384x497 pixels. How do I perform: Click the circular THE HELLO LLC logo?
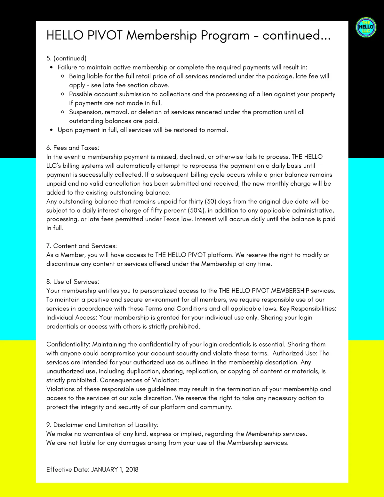pyautogui.click(x=366, y=27)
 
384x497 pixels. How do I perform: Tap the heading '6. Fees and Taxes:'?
pyautogui.click(x=73, y=148)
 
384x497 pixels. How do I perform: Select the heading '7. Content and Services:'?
pyautogui.click(x=82, y=246)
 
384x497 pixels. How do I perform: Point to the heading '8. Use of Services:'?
pyautogui.click(x=73, y=282)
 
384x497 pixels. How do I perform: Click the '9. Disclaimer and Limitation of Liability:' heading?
pyautogui.click(x=102, y=425)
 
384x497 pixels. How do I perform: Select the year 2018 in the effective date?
pyautogui.click(x=132, y=469)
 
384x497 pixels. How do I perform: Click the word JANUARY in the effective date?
pyautogui.click(x=105, y=469)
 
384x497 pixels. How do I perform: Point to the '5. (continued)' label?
pyautogui.click(x=66, y=58)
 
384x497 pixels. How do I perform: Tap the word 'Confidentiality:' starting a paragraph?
pyautogui.click(x=68, y=344)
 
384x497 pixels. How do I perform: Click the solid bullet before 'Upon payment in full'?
pyautogui.click(x=52, y=130)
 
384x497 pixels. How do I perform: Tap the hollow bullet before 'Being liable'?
pyautogui.click(x=63, y=76)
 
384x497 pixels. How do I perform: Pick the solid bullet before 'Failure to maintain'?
pyautogui.click(x=52, y=67)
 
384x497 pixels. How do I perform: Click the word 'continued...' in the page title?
pyautogui.click(x=296, y=36)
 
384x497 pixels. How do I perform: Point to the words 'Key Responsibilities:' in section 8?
pyautogui.click(x=308, y=309)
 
